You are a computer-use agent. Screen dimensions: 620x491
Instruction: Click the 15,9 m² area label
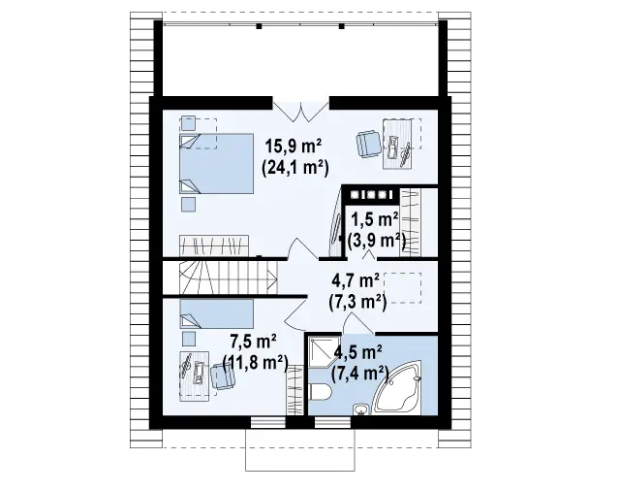click(294, 147)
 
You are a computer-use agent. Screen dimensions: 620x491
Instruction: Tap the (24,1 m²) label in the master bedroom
click(294, 168)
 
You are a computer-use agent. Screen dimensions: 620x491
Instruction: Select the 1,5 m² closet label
click(375, 219)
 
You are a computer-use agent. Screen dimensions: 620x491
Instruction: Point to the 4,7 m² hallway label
click(356, 280)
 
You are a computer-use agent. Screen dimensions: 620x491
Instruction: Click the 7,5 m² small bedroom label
click(253, 341)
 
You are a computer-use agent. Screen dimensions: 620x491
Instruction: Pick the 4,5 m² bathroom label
click(357, 351)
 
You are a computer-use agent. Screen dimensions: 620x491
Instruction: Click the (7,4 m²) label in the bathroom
click(359, 373)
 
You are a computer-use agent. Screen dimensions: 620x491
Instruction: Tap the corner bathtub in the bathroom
click(399, 386)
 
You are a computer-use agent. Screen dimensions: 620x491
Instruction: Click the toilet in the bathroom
click(321, 393)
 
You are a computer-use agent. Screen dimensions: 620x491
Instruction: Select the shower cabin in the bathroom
click(325, 351)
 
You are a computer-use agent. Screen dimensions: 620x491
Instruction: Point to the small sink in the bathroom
click(360, 409)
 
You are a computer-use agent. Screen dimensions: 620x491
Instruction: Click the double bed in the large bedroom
click(217, 164)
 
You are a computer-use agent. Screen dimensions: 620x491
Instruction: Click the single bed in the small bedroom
click(217, 313)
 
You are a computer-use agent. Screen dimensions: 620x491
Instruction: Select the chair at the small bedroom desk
click(223, 376)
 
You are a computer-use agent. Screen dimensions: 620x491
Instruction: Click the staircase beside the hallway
click(229, 278)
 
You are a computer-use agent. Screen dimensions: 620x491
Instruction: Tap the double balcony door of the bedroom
click(301, 111)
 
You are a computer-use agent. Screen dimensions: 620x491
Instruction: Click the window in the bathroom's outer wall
click(332, 422)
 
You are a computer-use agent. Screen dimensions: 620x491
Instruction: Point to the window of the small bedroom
click(268, 422)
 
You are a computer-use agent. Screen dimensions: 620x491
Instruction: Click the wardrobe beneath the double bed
click(214, 245)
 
